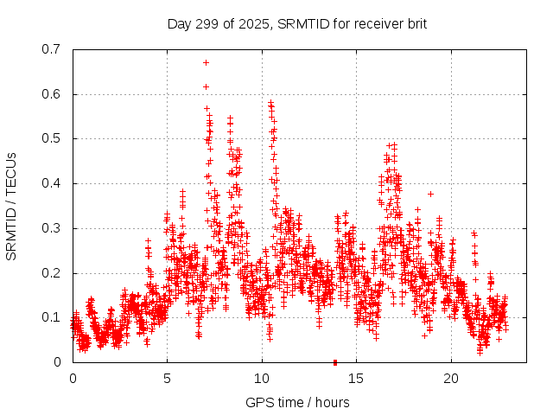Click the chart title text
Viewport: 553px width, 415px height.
(297, 23)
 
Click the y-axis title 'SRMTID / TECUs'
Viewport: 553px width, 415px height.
(11, 206)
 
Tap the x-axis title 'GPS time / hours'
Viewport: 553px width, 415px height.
(297, 402)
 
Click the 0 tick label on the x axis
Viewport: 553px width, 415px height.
(73, 379)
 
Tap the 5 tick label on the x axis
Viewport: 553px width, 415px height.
(168, 379)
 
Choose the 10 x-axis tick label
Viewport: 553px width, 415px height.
(262, 379)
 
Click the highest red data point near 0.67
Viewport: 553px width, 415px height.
(206, 62)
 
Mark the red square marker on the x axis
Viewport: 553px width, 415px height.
(334, 361)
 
